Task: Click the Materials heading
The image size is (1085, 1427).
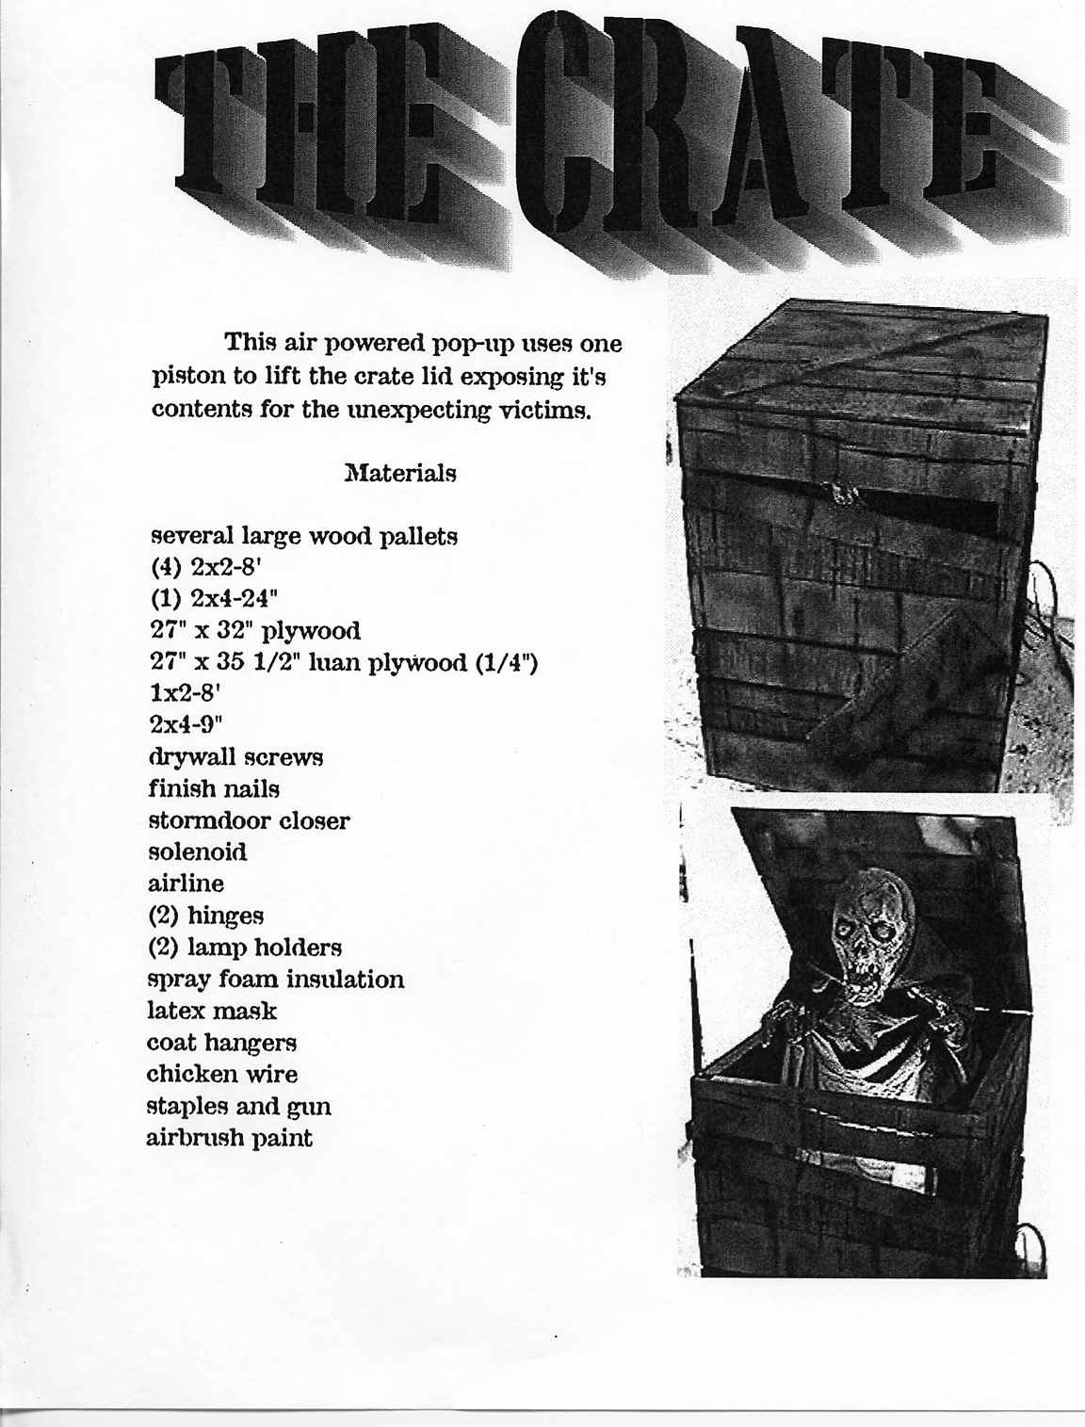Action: click(x=400, y=472)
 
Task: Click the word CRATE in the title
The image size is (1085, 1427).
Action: click(x=753, y=132)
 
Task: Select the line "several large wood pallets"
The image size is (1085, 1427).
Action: click(x=304, y=537)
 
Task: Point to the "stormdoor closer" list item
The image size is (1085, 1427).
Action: click(x=249, y=820)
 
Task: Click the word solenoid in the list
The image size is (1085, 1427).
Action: click(x=198, y=852)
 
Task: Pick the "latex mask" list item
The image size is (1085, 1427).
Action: click(x=212, y=1012)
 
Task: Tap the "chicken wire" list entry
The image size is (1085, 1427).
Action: click(x=221, y=1075)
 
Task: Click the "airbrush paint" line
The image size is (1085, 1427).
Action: click(x=229, y=1138)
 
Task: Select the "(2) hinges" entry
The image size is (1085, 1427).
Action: click(x=205, y=916)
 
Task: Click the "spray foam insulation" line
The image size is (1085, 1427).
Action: click(x=275, y=980)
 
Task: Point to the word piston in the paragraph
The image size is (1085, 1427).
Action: click(x=188, y=377)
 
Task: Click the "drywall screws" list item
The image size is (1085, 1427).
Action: click(x=235, y=757)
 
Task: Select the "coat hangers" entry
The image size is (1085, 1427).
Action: click(x=221, y=1043)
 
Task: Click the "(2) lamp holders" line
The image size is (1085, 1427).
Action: click(x=244, y=948)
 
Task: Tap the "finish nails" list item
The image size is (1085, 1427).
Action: click(x=214, y=788)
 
